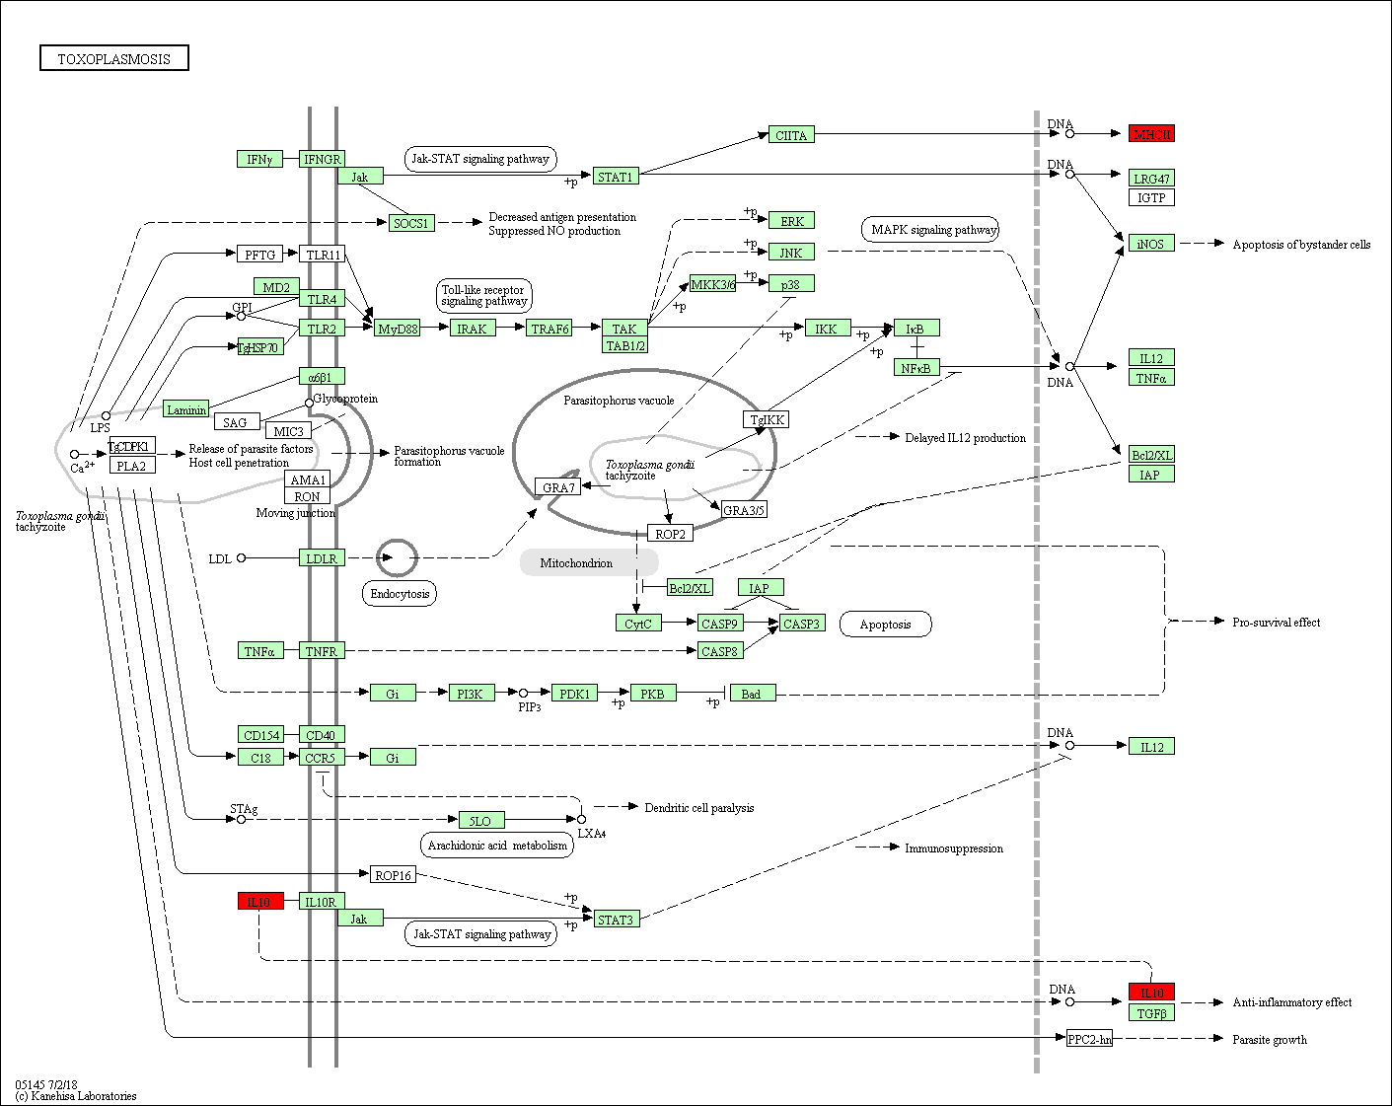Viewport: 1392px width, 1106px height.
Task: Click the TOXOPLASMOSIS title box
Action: coord(113,57)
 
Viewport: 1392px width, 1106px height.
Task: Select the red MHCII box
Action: coord(1151,134)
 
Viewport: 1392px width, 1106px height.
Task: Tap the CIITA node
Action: coord(791,134)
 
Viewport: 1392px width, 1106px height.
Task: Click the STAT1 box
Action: coord(616,176)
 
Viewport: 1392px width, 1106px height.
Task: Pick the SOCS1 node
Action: coord(411,223)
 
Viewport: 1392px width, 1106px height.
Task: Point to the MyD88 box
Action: coord(398,329)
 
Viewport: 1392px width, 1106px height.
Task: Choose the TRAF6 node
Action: coord(549,329)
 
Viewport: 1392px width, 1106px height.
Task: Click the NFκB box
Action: coord(916,368)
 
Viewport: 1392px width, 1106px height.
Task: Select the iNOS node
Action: coord(1151,244)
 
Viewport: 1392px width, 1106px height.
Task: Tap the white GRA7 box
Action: coord(557,486)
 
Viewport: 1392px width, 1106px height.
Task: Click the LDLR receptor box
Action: coord(322,557)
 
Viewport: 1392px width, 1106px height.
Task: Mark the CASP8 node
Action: coord(720,651)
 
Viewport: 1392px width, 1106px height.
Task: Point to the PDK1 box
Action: coord(574,694)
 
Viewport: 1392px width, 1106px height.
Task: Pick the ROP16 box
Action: coord(393,875)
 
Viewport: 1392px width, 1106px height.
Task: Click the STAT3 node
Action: coord(616,919)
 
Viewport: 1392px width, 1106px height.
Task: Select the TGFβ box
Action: coord(1151,1013)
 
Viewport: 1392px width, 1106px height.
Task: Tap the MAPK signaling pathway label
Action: coord(930,229)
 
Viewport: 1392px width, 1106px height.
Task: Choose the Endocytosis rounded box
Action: coord(400,593)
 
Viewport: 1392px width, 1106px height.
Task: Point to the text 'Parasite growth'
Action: coord(1269,1039)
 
